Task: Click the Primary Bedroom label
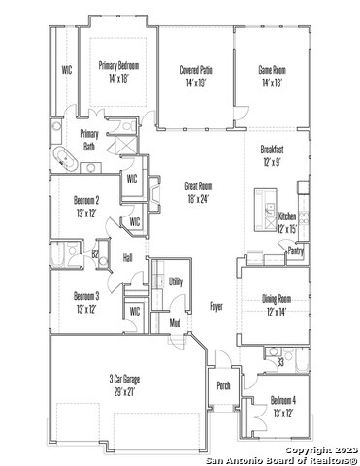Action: click(x=118, y=66)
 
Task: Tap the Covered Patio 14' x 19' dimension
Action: click(x=196, y=83)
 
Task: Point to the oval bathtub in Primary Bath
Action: click(x=66, y=158)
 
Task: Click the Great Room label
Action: click(x=198, y=186)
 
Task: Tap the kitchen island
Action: click(x=266, y=210)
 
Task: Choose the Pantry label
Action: click(x=296, y=250)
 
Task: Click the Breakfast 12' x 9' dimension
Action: click(x=273, y=162)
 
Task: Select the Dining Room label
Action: click(x=277, y=299)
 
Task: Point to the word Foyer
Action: click(x=216, y=306)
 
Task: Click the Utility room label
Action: click(x=177, y=282)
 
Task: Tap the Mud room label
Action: click(x=175, y=322)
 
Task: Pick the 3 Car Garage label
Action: click(x=124, y=379)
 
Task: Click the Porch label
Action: click(x=223, y=385)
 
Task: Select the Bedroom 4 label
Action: click(x=283, y=401)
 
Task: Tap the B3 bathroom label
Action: click(x=280, y=362)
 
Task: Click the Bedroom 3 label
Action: click(x=86, y=296)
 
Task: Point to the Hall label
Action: click(x=128, y=258)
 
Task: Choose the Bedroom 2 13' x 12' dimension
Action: click(x=85, y=214)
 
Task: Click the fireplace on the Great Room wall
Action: click(x=154, y=194)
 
